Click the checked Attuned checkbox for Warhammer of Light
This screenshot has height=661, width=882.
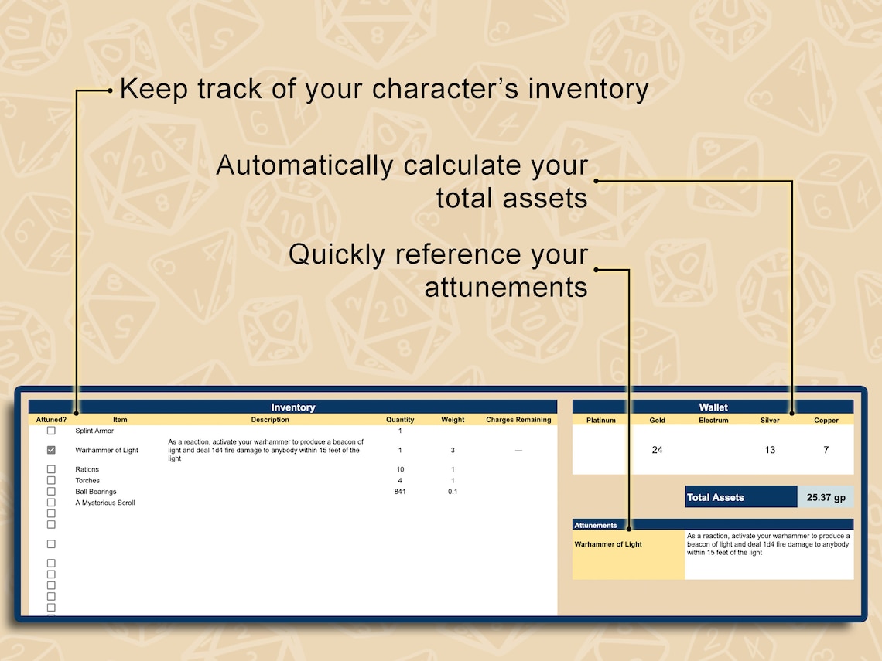51,450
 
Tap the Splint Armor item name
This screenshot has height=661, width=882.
94,431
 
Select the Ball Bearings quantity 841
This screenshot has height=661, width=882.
400,492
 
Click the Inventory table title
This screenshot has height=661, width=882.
293,407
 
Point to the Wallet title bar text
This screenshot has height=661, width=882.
713,407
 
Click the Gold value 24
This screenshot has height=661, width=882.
657,450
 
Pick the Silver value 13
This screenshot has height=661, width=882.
770,450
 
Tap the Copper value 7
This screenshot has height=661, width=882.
826,450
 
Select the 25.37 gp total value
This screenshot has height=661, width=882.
826,497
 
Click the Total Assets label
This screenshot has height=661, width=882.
716,497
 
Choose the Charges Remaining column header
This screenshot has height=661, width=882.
518,420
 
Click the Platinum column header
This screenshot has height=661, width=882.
601,421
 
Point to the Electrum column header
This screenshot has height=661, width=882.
713,421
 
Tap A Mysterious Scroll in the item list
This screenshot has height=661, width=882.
105,503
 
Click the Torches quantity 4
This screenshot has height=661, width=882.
400,481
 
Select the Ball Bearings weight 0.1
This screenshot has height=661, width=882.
453,492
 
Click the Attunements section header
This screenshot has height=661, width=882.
596,526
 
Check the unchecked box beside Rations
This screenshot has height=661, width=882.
51,469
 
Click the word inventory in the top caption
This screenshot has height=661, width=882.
588,89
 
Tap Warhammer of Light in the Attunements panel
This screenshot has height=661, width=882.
608,544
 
